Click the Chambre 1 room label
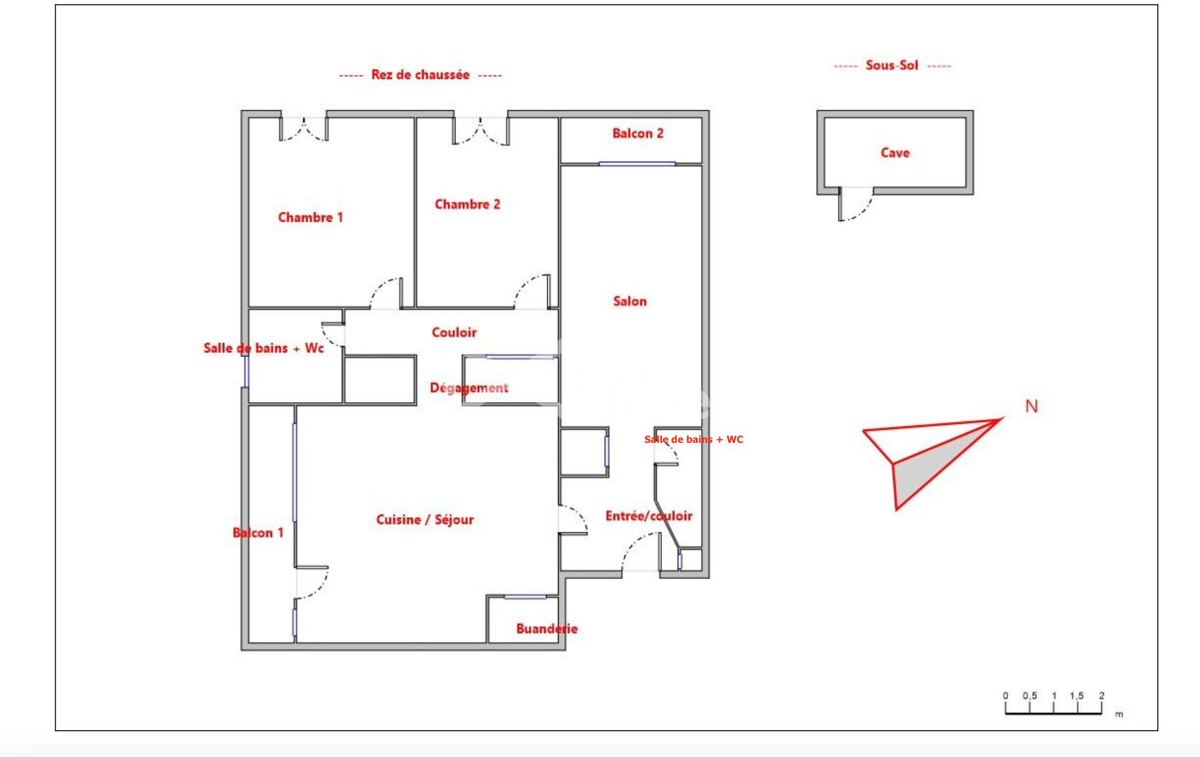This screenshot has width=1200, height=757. point(310,218)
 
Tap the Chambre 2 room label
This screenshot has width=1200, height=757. point(467,204)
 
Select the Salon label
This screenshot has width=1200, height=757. point(630,302)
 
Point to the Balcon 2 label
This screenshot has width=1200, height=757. point(637,133)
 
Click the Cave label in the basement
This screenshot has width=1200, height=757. point(895,152)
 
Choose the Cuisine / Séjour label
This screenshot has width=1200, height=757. point(425,520)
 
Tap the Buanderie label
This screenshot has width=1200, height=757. point(547,629)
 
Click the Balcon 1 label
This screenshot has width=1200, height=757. point(258,533)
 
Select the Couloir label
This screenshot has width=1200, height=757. point(454,333)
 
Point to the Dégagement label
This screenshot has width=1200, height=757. point(469,388)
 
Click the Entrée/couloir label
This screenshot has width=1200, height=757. point(649,516)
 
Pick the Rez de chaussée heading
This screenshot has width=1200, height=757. point(421,75)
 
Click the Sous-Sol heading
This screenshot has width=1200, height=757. point(892,65)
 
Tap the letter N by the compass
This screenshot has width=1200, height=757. point(1032,407)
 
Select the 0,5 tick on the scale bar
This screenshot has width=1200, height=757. point(1029,696)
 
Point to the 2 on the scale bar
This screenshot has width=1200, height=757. point(1102,696)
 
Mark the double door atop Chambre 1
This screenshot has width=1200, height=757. point(304,129)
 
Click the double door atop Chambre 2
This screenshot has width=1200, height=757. point(480,131)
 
